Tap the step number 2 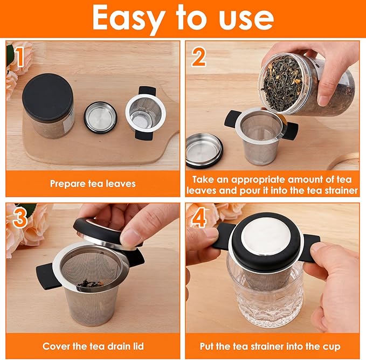click(x=198, y=57)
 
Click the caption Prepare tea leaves click(x=93, y=184)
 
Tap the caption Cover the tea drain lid click(x=93, y=346)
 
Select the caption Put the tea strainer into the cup click(x=272, y=346)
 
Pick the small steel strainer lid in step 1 click(x=101, y=117)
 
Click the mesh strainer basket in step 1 click(x=144, y=114)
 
